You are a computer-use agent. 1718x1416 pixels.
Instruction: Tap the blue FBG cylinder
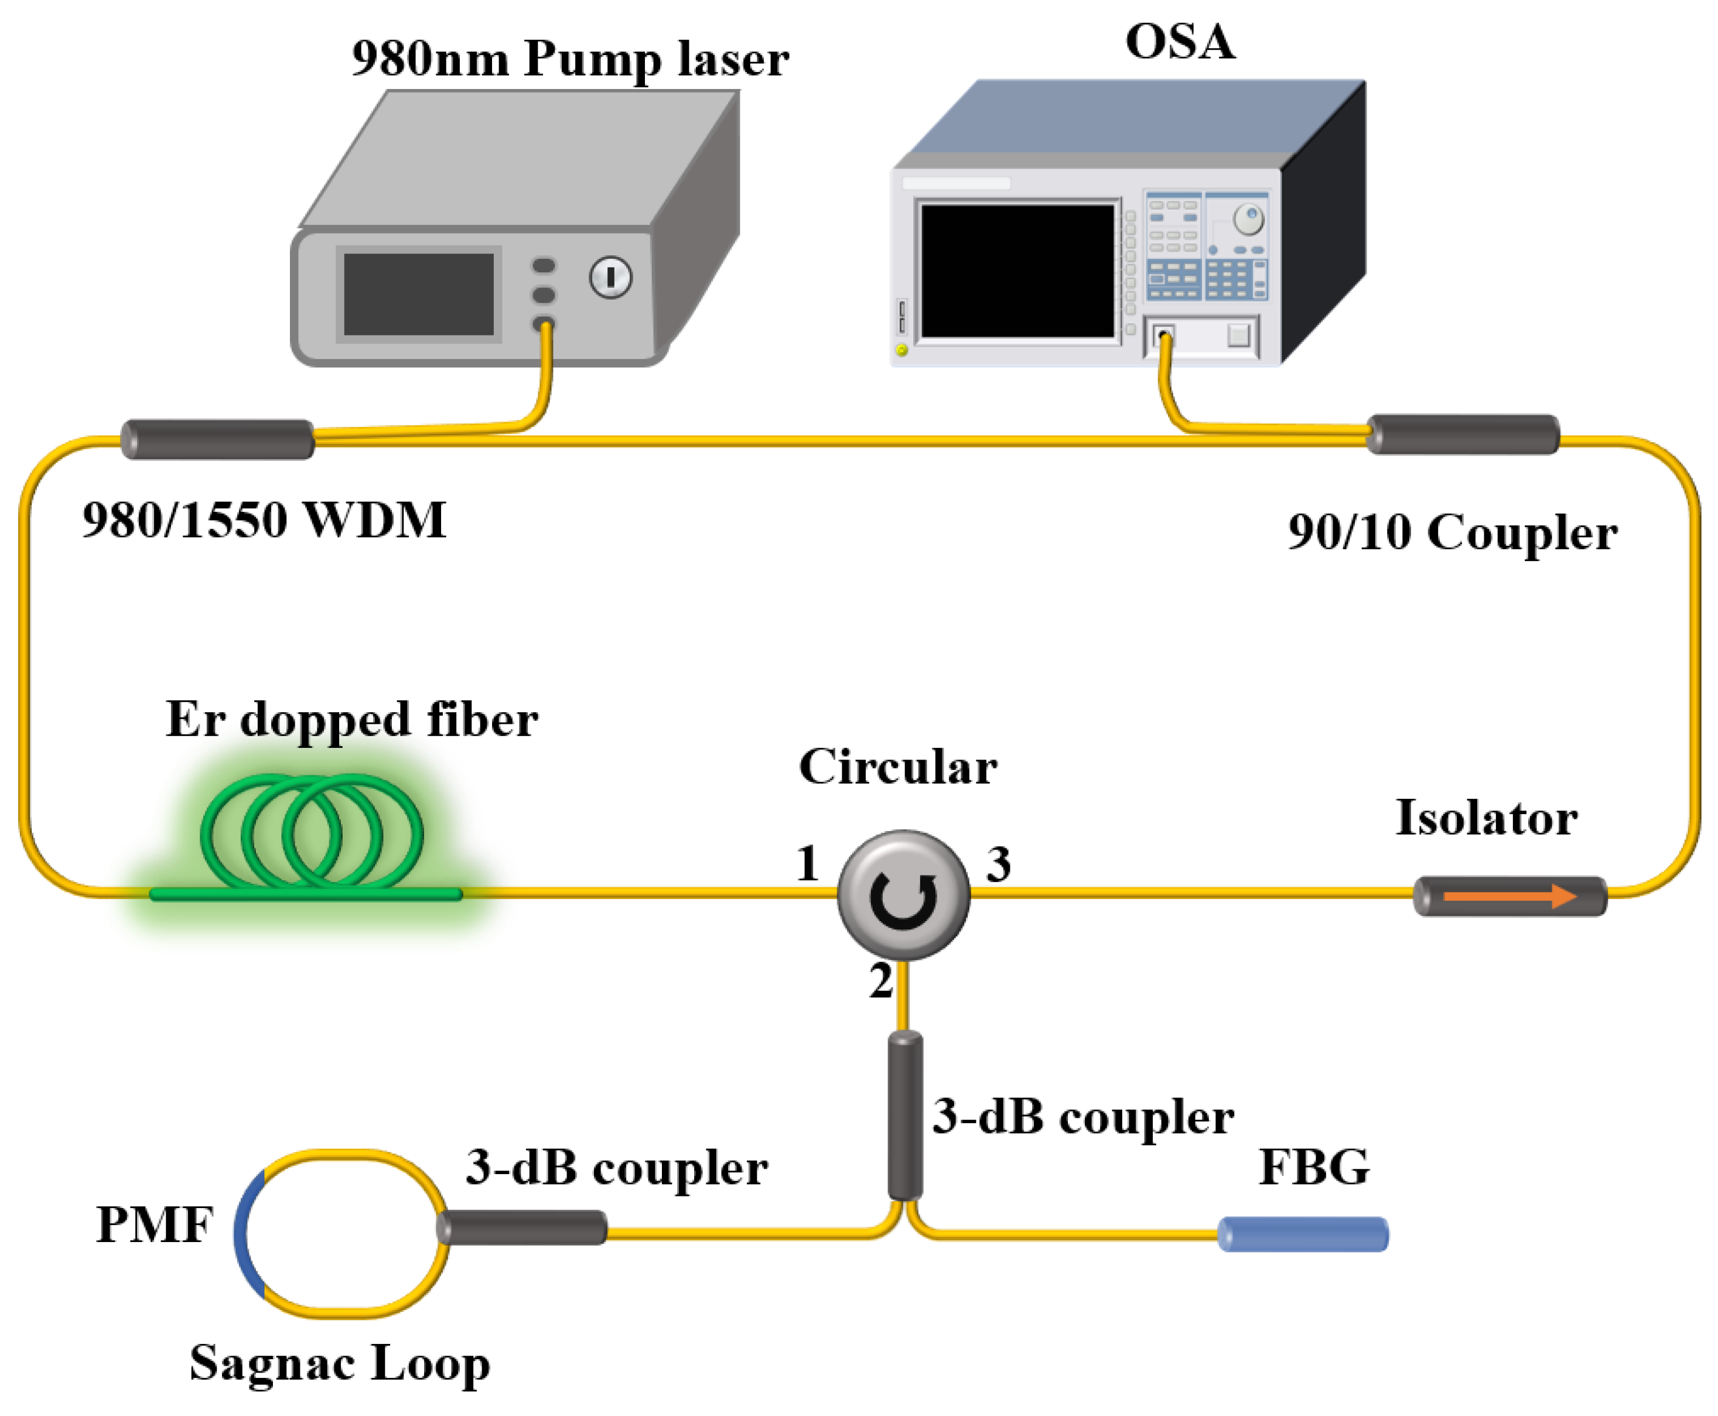point(1302,1234)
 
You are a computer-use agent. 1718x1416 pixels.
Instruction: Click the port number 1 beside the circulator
point(808,863)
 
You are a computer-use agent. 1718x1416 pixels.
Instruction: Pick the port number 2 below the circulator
point(881,980)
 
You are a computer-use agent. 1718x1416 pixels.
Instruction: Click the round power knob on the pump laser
point(610,278)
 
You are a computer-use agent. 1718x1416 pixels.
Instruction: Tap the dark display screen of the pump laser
point(418,293)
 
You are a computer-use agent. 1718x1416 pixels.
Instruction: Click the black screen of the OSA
point(1016,271)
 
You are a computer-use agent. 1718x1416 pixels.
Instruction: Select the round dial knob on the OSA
point(1248,218)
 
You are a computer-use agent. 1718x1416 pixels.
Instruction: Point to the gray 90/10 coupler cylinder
point(1463,434)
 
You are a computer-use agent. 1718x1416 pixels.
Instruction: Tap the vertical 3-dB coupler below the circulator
point(904,1116)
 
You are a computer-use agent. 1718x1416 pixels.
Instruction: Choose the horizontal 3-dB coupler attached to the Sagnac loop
point(522,1227)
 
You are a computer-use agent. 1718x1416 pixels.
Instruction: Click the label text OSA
point(1180,41)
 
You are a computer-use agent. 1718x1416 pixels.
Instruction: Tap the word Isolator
point(1486,818)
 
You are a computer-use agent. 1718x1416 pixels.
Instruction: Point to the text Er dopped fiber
point(351,719)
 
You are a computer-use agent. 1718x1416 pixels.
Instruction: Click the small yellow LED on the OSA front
point(901,350)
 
